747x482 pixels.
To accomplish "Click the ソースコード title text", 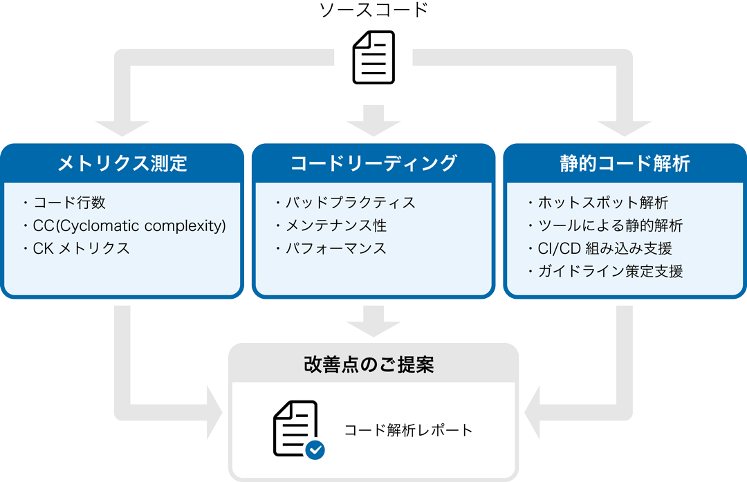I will tap(373, 11).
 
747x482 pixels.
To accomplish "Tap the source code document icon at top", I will tap(373, 57).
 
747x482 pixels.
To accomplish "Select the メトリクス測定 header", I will tap(122, 163).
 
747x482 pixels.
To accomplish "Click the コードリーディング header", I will tap(373, 163).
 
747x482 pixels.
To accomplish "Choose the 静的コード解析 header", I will tap(625, 163).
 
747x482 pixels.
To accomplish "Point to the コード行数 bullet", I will tap(68, 203).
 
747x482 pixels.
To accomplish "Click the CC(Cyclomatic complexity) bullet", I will tap(129, 225).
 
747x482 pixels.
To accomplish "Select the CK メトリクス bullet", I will tap(81, 248).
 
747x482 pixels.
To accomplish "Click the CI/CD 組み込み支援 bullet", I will tap(605, 248).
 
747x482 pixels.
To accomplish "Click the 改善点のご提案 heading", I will tap(373, 364).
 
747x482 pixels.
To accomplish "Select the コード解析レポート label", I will tap(409, 430).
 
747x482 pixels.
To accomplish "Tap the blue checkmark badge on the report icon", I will tap(315, 449).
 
